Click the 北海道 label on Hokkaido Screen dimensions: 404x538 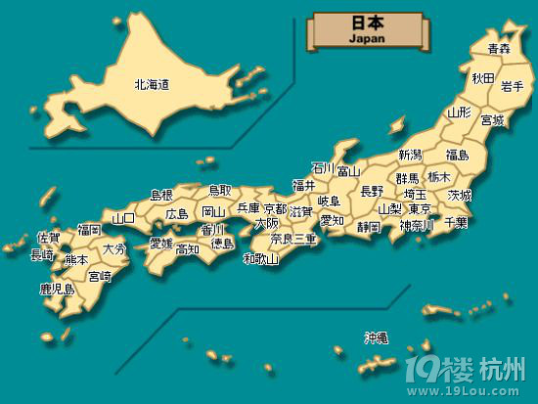point(152,85)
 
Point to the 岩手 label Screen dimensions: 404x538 point(513,87)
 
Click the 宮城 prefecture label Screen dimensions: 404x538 point(492,120)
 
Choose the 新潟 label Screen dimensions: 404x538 point(410,155)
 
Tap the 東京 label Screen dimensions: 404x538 point(419,209)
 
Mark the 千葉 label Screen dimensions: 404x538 point(456,223)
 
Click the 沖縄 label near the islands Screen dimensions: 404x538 point(377,337)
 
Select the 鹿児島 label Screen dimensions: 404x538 point(57,289)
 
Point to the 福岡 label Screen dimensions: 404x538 point(89,230)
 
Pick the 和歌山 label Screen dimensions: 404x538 point(261,259)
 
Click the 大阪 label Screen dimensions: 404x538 point(266,223)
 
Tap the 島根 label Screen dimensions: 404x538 point(161,196)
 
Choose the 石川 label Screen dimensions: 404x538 point(323,167)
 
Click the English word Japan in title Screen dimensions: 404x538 point(367,38)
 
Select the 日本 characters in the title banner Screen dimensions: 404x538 point(367,22)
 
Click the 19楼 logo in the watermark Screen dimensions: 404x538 point(451,371)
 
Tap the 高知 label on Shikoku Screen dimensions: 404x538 point(188,249)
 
